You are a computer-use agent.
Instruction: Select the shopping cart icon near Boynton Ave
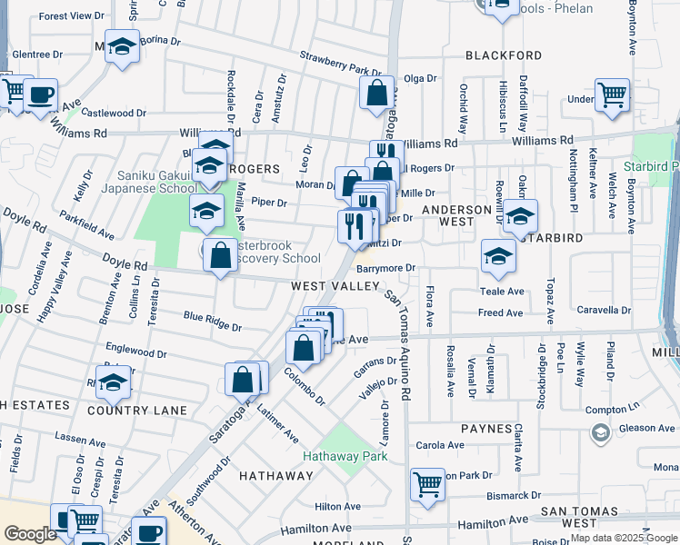612,94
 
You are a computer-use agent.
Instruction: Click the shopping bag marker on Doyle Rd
220,255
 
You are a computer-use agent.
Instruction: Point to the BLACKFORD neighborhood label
503,55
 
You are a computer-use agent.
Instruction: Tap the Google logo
30,534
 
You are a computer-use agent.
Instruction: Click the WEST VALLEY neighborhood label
335,286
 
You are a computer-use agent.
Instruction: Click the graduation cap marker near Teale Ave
498,256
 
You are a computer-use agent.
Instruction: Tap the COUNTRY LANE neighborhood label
137,411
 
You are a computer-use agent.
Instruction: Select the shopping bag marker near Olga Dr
376,92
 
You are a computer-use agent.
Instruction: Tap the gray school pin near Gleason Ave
599,434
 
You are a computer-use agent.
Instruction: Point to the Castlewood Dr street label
114,114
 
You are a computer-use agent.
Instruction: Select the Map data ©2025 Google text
623,538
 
